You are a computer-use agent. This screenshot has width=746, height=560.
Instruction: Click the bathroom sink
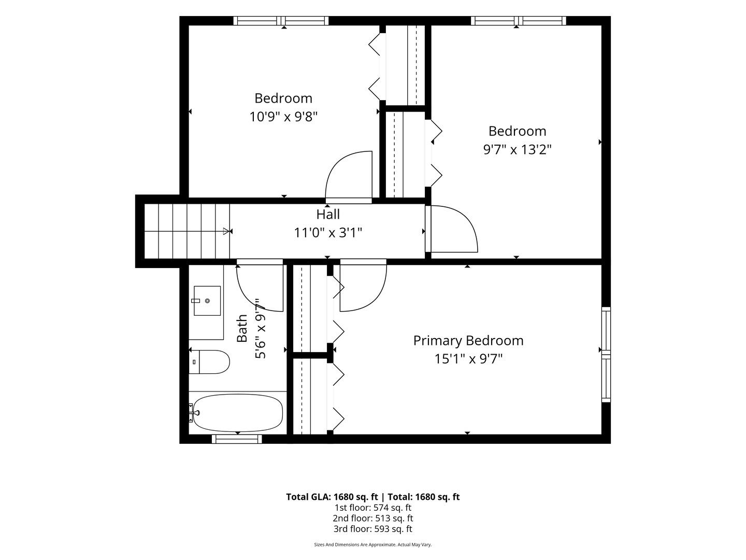tap(207, 301)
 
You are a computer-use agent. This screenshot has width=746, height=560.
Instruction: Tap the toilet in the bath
tap(209, 362)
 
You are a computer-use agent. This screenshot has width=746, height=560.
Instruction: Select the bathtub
tap(237, 413)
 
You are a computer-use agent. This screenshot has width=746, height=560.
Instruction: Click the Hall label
tap(328, 215)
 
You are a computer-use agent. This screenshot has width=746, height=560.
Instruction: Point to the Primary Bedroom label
tap(468, 341)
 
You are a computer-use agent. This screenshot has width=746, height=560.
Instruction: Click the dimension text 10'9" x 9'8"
tap(283, 117)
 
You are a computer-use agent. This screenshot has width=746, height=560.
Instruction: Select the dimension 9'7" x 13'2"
tap(517, 149)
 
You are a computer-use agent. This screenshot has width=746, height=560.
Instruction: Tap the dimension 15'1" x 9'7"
tap(468, 359)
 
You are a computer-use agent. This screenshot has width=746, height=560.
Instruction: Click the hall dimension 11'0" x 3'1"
tap(328, 233)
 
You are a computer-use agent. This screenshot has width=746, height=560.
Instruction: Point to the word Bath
tap(242, 328)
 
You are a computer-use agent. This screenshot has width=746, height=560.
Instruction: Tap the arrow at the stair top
tap(226, 231)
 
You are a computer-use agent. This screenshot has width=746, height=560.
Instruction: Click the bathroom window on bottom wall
tap(237, 439)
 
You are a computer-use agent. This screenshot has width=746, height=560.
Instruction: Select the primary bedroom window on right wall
tap(606, 354)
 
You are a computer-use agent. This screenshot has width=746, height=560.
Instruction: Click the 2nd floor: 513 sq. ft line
tap(373, 518)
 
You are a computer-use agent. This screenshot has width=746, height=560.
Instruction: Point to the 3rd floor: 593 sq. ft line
tap(373, 529)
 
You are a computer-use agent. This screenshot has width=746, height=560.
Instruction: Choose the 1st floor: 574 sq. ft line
tap(373, 508)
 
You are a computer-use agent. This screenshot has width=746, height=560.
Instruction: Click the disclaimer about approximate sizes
tap(373, 544)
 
